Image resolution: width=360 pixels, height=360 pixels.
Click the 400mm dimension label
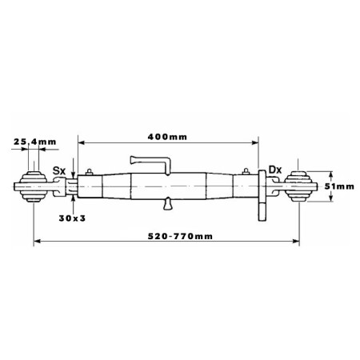coord(167,137)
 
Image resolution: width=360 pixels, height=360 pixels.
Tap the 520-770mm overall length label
coord(180,236)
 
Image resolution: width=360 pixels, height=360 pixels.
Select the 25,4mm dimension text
coord(35,142)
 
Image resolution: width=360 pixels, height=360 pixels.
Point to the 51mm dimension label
coord(339,186)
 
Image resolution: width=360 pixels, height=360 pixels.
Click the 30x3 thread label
coord(72,218)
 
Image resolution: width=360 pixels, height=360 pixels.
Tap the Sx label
coord(59,170)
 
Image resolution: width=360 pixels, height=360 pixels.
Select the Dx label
coord(275,170)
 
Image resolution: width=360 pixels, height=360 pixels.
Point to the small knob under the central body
coord(168,204)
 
